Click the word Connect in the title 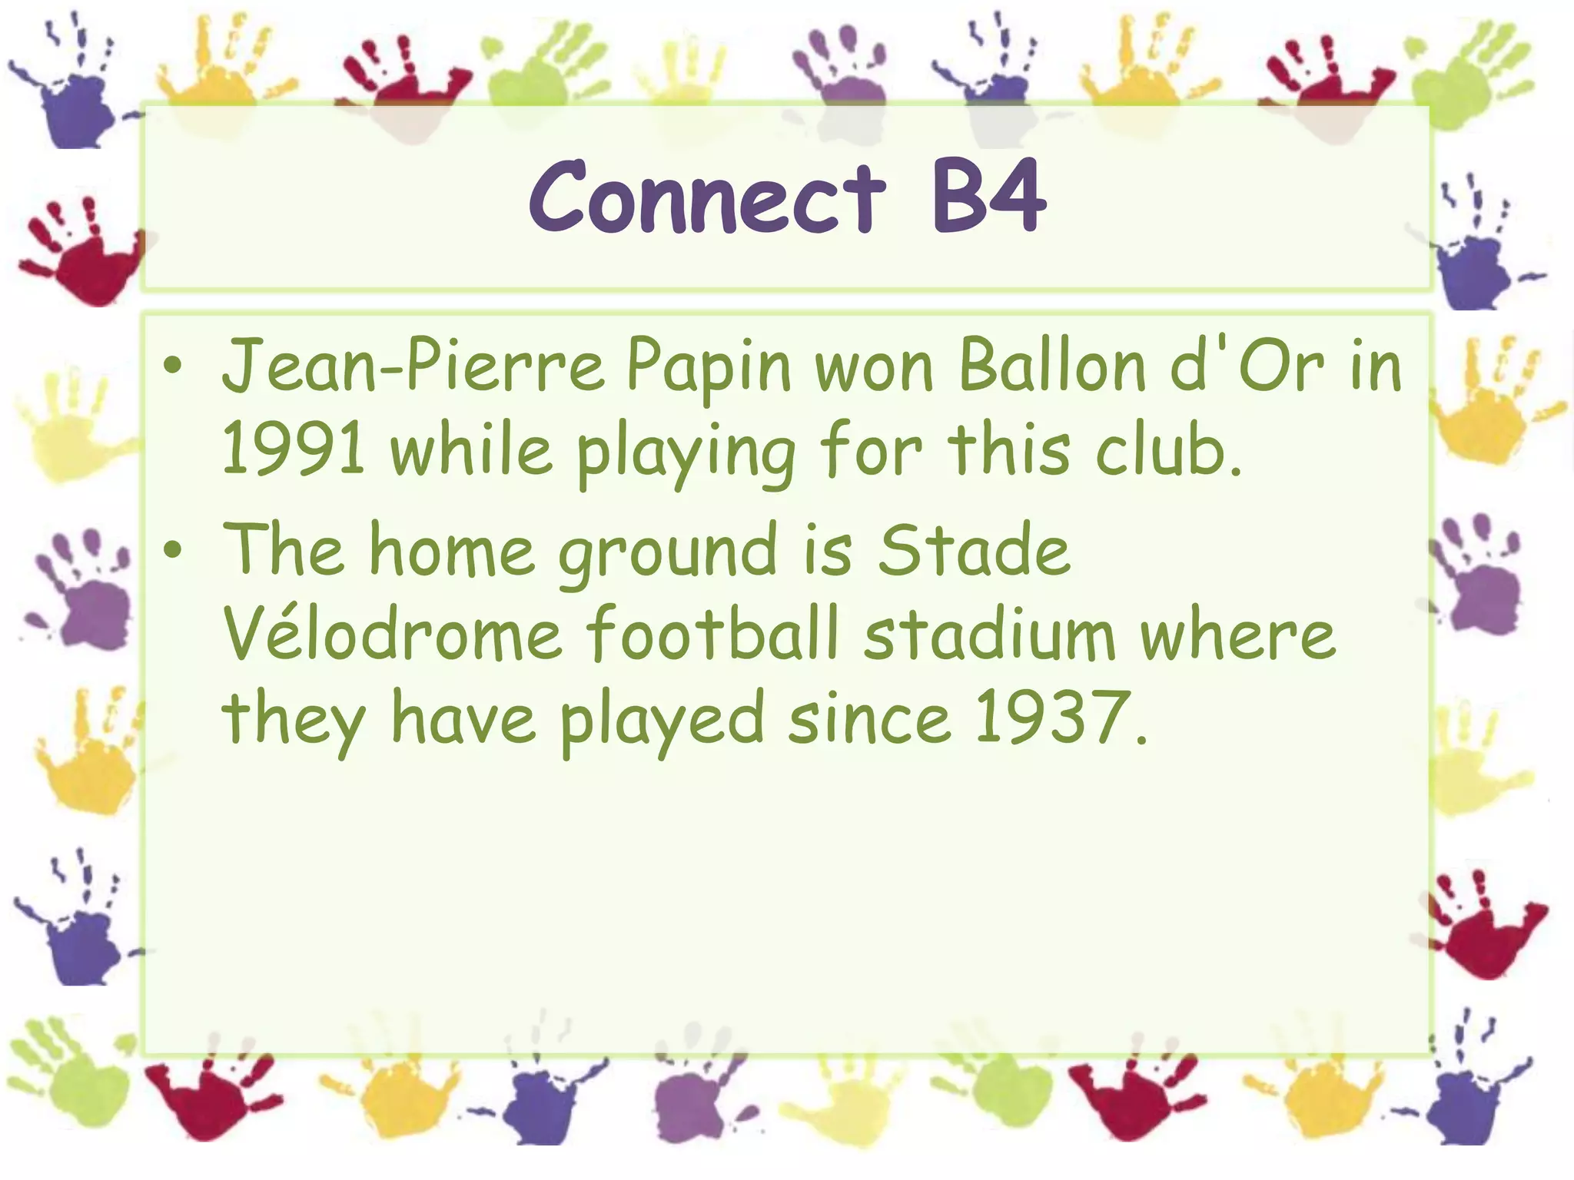tap(707, 198)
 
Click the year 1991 tap(293, 450)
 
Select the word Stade tap(974, 550)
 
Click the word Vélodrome tap(393, 635)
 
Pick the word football tap(712, 635)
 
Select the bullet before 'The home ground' tap(174, 550)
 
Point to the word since tap(869, 719)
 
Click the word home tap(452, 550)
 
